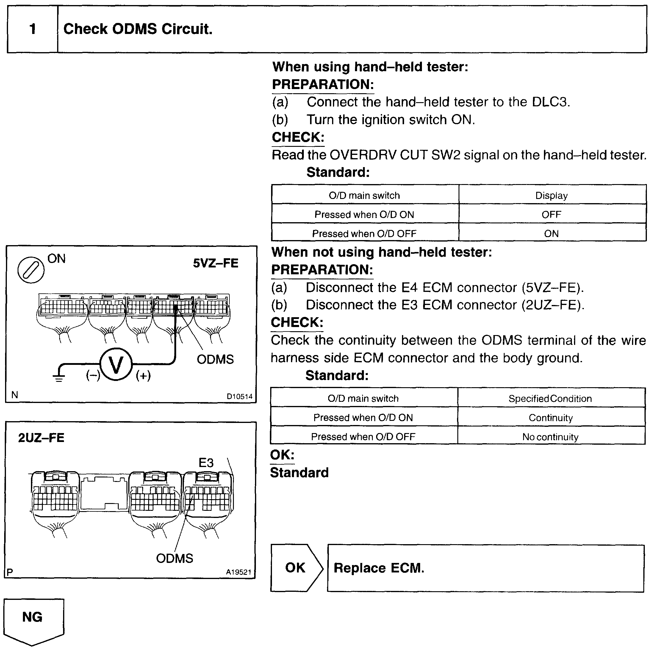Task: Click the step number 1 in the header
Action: click(32, 29)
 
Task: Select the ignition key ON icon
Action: click(31, 270)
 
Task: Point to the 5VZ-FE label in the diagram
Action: click(215, 263)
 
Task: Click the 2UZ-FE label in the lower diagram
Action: click(41, 438)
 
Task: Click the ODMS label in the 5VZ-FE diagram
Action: click(215, 359)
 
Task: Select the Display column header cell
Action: click(551, 196)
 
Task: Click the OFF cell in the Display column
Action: click(551, 215)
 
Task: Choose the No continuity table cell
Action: click(550, 437)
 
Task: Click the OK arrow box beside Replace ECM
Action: click(295, 568)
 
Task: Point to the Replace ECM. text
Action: click(379, 568)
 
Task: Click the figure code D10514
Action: click(239, 396)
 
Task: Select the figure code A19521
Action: click(238, 572)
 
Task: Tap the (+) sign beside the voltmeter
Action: click(143, 376)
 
